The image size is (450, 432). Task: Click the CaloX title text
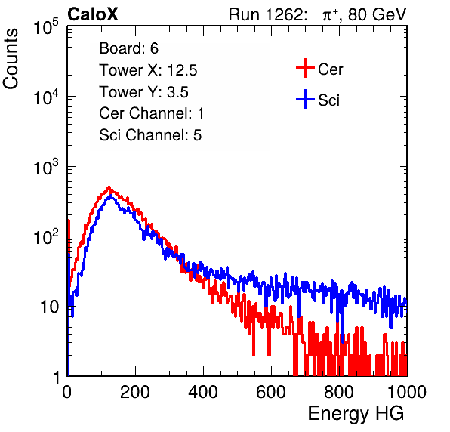(93, 14)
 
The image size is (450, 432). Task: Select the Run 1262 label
(266, 14)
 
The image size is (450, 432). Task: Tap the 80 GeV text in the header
(377, 14)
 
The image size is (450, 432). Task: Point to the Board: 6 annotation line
(128, 48)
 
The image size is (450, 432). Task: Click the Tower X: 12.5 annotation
(148, 70)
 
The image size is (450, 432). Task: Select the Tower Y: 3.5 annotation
(143, 92)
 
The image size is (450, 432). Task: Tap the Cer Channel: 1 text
(152, 113)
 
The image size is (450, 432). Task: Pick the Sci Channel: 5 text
(150, 135)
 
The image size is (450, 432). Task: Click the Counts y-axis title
(11, 58)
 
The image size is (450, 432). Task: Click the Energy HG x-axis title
(356, 413)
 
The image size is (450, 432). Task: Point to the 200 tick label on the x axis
(135, 391)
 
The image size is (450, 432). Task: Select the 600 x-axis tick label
(271, 391)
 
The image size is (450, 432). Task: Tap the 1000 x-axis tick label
(407, 391)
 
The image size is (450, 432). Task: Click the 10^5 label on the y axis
(46, 26)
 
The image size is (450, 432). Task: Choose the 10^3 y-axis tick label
(46, 166)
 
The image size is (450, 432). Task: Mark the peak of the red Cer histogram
(109, 187)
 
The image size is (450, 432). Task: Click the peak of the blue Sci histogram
(111, 196)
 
